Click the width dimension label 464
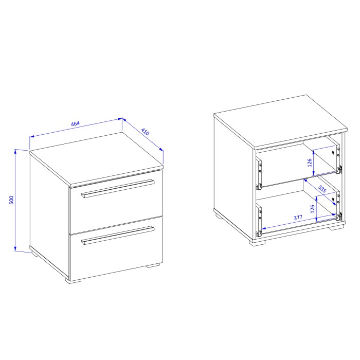tap(75, 124)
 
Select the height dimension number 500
tap(11, 200)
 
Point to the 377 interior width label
tap(298, 218)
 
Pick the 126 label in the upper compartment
tap(310, 163)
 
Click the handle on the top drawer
tap(118, 188)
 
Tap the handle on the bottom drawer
tap(118, 235)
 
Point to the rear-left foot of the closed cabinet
tap(34, 253)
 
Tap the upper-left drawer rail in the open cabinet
tap(260, 171)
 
